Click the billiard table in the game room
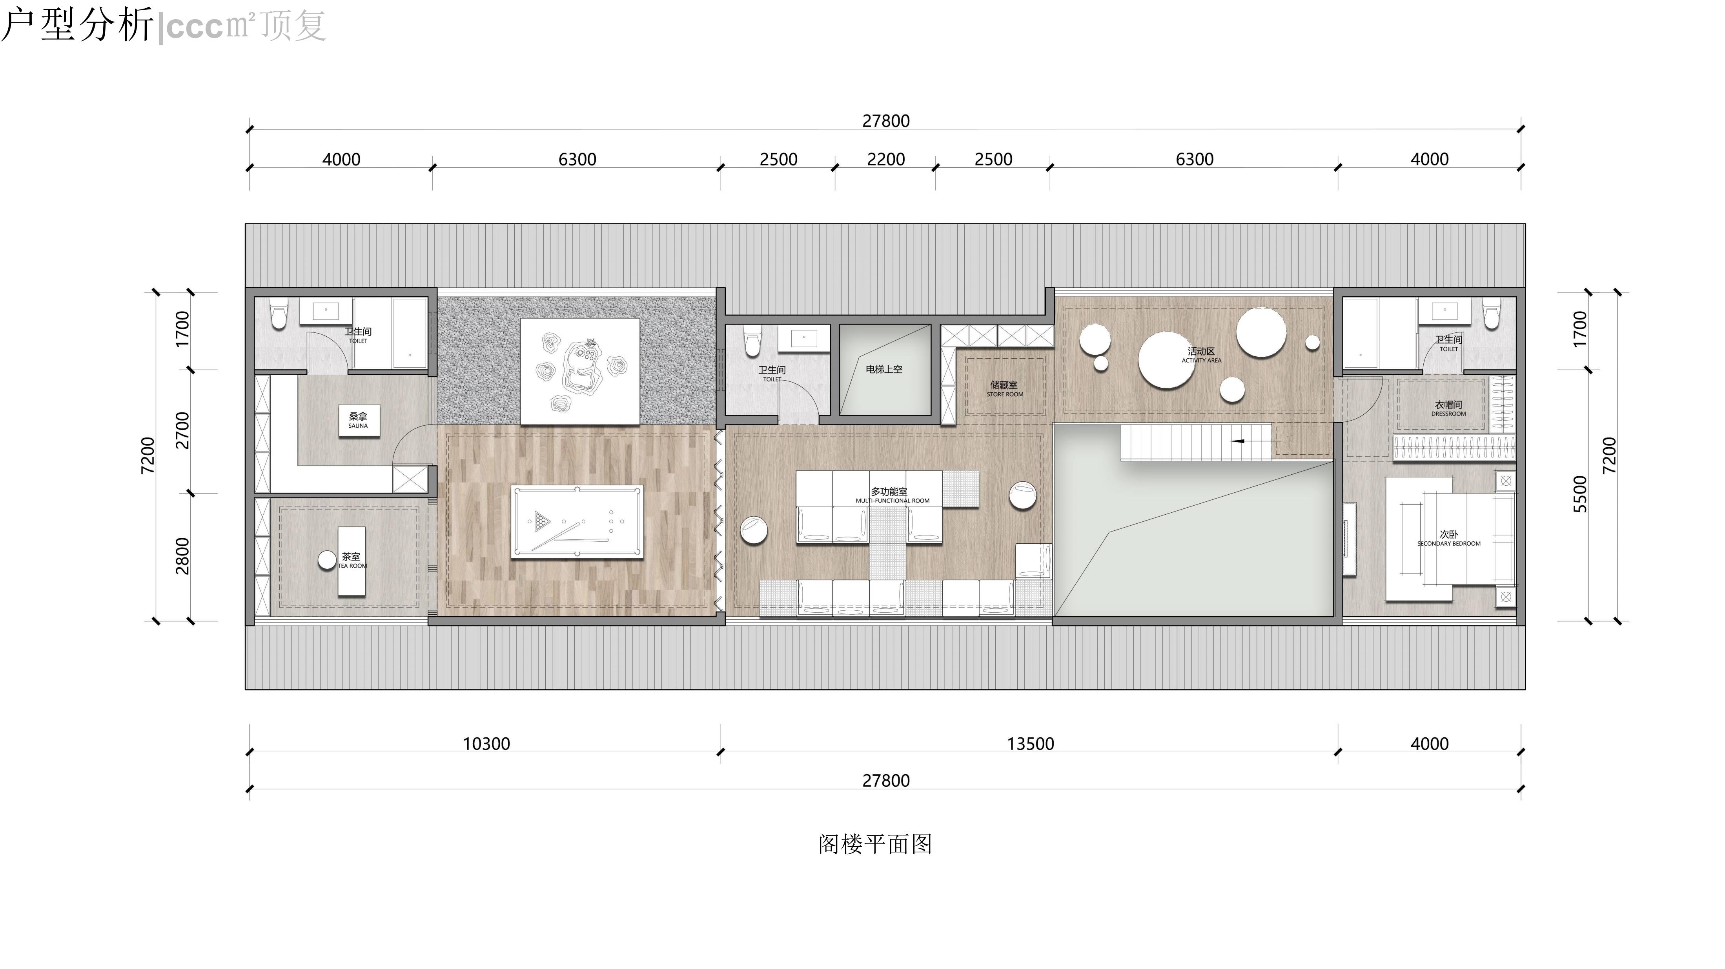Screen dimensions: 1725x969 pos(577,521)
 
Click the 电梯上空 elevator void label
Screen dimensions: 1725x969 pos(884,369)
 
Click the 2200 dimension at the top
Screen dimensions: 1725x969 pos(886,159)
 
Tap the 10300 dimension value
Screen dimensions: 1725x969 pos(487,744)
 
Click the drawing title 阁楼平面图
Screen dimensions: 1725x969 pos(875,844)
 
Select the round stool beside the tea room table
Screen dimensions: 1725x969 pos(327,560)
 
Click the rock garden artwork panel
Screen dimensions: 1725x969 pos(580,371)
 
